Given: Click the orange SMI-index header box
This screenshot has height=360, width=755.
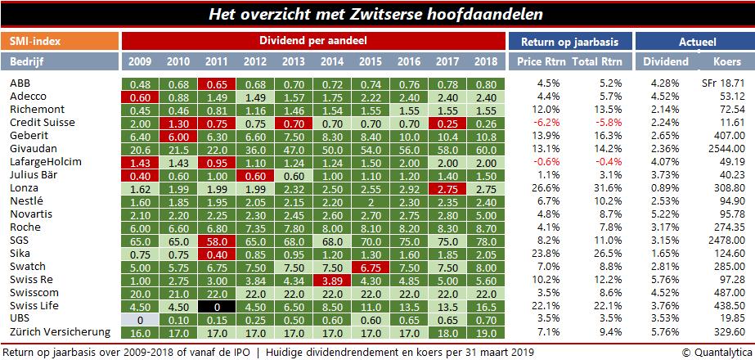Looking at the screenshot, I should click(x=60, y=41).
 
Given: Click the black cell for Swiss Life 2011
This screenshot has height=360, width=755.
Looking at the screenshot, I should click(x=217, y=305).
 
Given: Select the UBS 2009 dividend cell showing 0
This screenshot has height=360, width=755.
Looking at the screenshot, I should click(x=140, y=318).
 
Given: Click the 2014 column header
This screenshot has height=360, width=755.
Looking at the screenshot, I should click(x=332, y=62).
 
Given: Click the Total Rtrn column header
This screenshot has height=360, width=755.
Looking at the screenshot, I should click(x=595, y=62).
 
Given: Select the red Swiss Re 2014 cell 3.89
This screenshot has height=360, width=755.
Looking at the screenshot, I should click(x=332, y=279).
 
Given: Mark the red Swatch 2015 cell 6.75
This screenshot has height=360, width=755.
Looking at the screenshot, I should click(x=371, y=266).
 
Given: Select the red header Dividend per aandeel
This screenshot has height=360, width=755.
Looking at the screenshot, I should click(x=313, y=41).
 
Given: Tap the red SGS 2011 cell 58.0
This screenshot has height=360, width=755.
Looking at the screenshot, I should click(x=217, y=240).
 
